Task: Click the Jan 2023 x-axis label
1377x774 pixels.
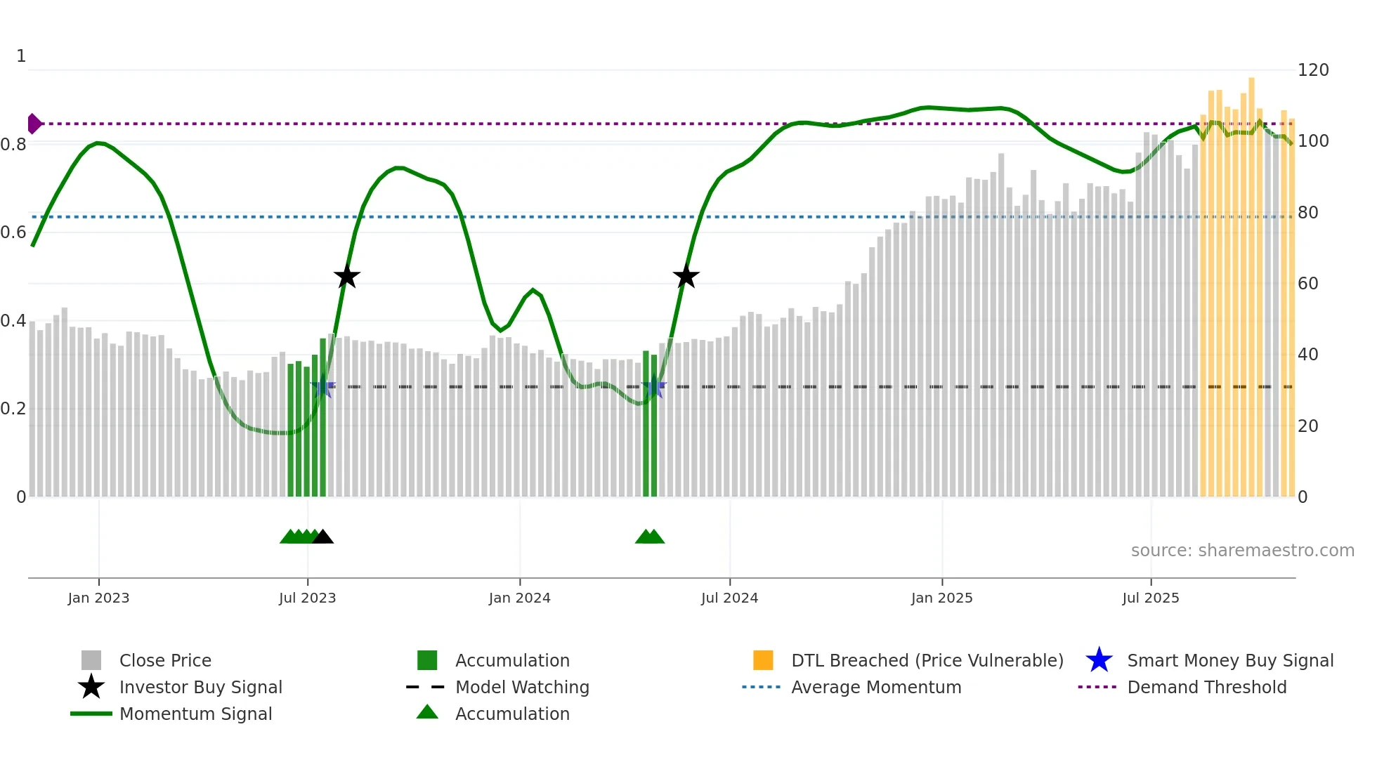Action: pyautogui.click(x=98, y=598)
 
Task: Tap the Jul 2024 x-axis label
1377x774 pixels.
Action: pyautogui.click(x=729, y=598)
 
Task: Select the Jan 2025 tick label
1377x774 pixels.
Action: pyautogui.click(x=941, y=598)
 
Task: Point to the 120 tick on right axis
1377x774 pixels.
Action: pyautogui.click(x=1312, y=70)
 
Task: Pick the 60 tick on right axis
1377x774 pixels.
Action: pyautogui.click(x=1307, y=284)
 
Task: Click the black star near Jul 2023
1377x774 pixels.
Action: pyautogui.click(x=346, y=277)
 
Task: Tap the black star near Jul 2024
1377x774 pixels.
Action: pyautogui.click(x=686, y=277)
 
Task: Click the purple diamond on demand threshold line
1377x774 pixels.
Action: pyautogui.click(x=34, y=124)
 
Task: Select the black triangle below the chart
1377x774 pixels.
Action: pyautogui.click(x=322, y=537)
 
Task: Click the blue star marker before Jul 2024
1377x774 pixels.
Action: pyautogui.click(x=653, y=387)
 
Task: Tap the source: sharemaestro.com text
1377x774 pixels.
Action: pyautogui.click(x=1242, y=551)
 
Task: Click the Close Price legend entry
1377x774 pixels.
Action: pyautogui.click(x=164, y=661)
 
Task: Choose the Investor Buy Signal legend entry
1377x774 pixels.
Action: pyautogui.click(x=200, y=688)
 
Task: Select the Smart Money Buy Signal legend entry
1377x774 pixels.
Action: pyautogui.click(x=1229, y=661)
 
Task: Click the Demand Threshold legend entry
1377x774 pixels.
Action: pyautogui.click(x=1206, y=688)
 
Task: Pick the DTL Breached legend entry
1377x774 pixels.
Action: pyautogui.click(x=927, y=661)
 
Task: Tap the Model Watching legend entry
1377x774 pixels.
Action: pyautogui.click(x=521, y=688)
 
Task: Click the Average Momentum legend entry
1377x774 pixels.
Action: pyautogui.click(x=875, y=688)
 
